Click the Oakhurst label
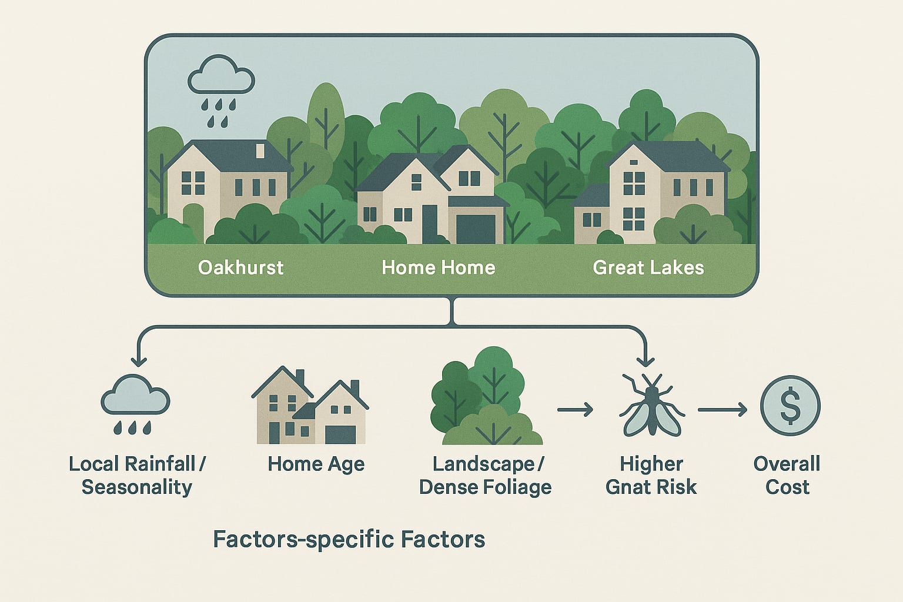point(240,267)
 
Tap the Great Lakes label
point(648,267)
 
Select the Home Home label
point(438,267)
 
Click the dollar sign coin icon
point(790,406)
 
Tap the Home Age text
point(316,464)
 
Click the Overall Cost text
point(787,475)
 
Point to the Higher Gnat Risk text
point(651,475)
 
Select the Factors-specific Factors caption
point(349,539)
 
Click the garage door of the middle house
point(476,229)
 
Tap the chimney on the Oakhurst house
point(260,151)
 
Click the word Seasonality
point(136,487)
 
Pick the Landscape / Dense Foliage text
point(485,475)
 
